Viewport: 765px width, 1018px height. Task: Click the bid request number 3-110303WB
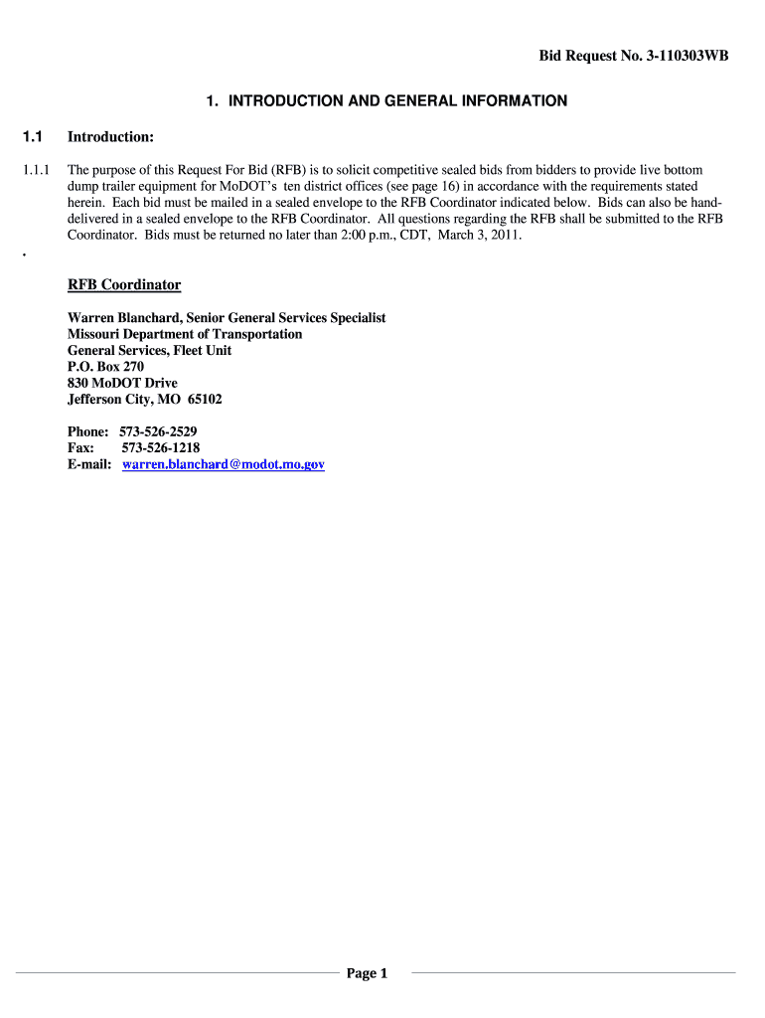pyautogui.click(x=675, y=57)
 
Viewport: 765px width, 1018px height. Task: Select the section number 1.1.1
pyautogui.click(x=37, y=170)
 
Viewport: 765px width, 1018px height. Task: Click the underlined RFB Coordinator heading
pyautogui.click(x=124, y=285)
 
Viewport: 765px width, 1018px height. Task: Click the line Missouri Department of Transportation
pyautogui.click(x=185, y=334)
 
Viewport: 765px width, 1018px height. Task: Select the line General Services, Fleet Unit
pyautogui.click(x=150, y=351)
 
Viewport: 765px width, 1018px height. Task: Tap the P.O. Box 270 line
pyautogui.click(x=105, y=367)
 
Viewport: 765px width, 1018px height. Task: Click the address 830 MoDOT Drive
pyautogui.click(x=122, y=383)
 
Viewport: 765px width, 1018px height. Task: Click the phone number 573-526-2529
pyautogui.click(x=158, y=431)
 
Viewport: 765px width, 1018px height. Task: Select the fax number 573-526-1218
pyautogui.click(x=160, y=448)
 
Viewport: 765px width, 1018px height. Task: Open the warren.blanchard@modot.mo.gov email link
pyautogui.click(x=224, y=464)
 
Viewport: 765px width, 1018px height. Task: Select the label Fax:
pyautogui.click(x=81, y=448)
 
